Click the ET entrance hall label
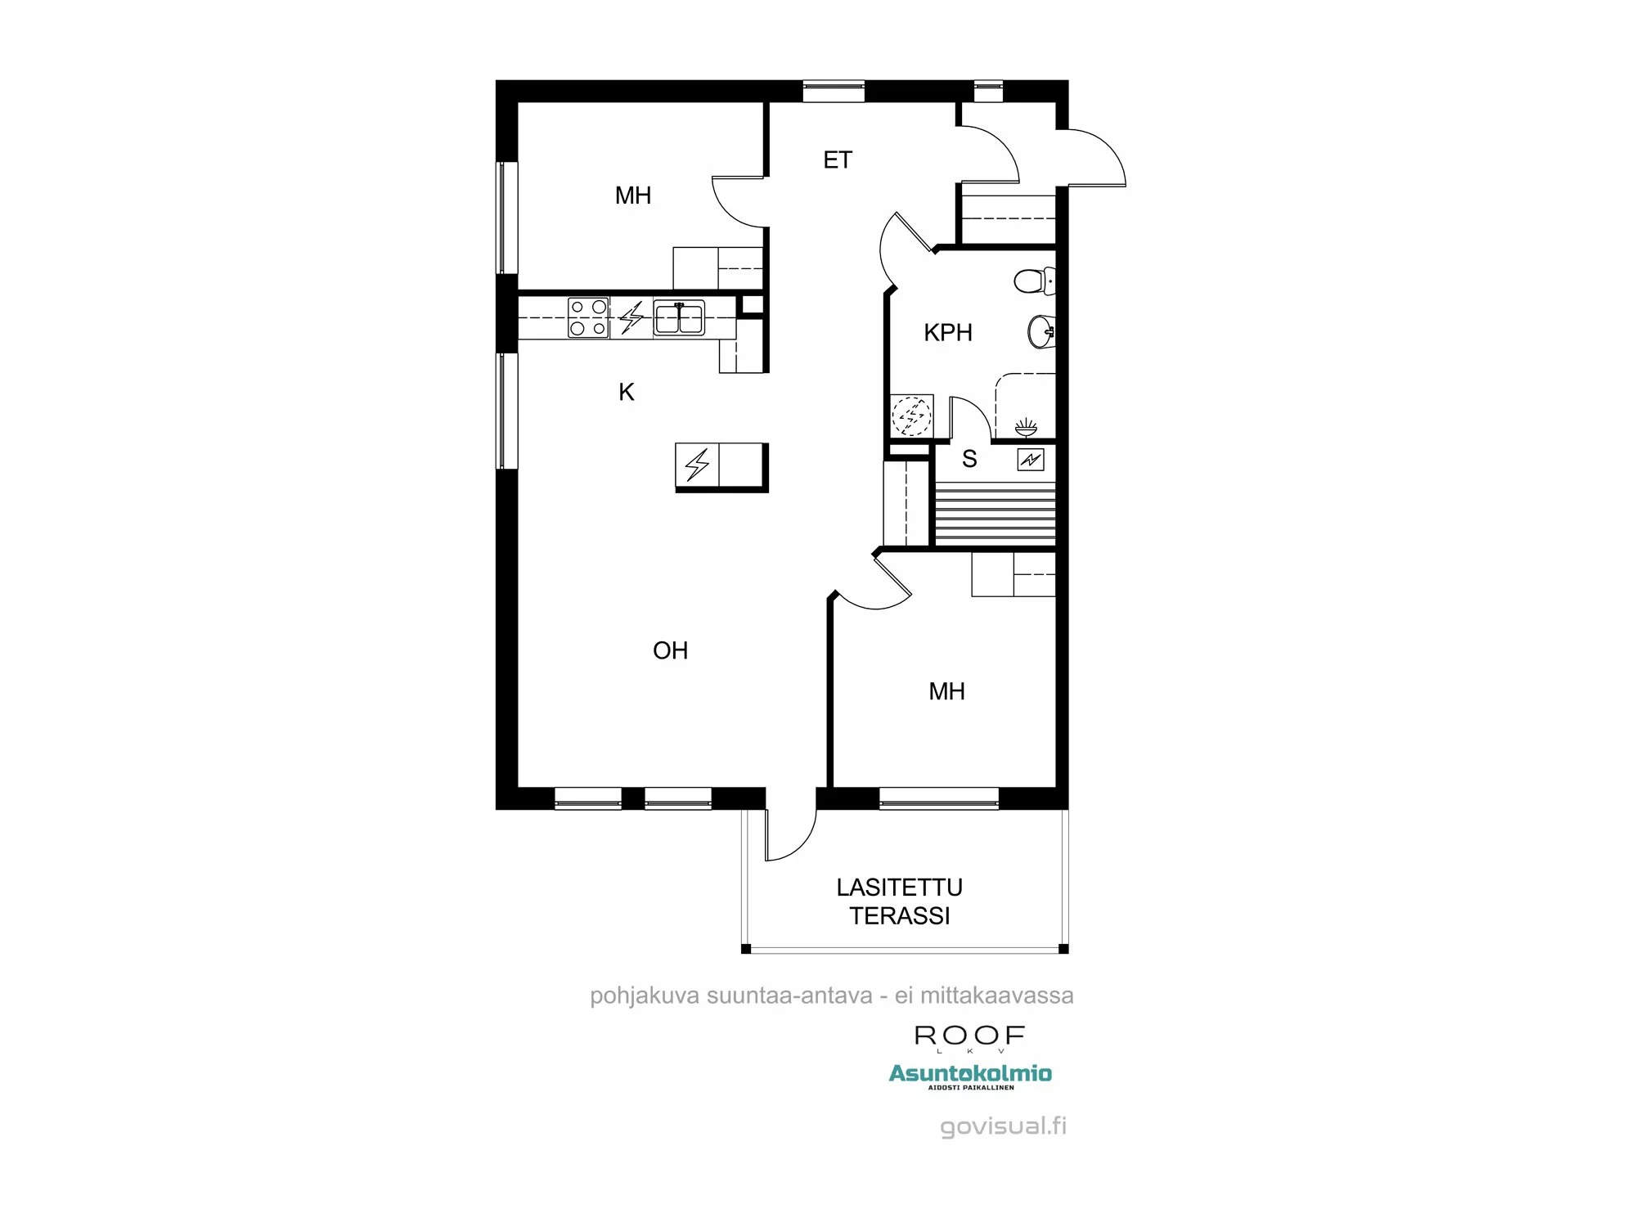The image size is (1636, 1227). pos(837,160)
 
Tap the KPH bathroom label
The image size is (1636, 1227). pos(947,333)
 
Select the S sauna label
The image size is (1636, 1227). pos(969,459)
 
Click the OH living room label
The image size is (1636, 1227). pos(670,651)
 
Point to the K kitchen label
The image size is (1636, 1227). pos(627,393)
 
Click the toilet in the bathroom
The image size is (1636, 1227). pos(1035,281)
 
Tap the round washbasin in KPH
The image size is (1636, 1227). pos(1040,332)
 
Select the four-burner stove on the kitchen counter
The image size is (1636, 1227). pos(588,317)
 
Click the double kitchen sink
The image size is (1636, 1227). pos(679,317)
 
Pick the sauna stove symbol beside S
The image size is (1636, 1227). pos(1030,460)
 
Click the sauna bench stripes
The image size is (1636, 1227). pos(995,514)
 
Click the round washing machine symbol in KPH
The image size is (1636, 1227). pos(911,416)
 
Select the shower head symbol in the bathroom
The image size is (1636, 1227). pos(1026,427)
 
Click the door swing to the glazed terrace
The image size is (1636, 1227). pos(789,836)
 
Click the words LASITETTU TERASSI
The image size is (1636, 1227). pos(899,901)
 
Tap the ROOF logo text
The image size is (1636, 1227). pos(969,1036)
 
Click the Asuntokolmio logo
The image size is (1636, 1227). pos(970,1074)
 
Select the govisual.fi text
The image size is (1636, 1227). pos(1003,1126)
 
